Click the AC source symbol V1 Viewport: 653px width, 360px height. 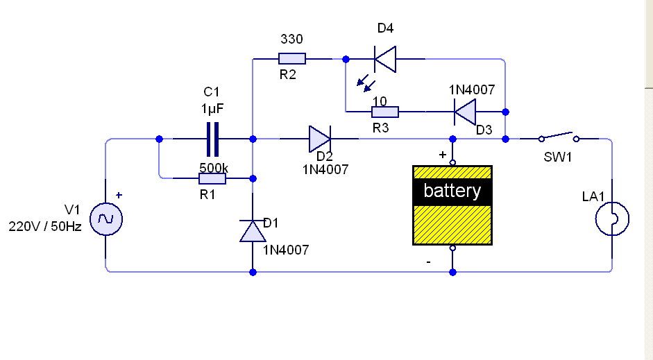point(106,219)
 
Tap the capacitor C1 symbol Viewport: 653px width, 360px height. point(212,139)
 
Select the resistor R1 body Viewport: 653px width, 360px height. point(212,178)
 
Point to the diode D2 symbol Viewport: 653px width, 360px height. point(320,139)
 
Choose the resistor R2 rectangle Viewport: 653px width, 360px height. point(292,59)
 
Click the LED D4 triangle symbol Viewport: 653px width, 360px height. point(385,59)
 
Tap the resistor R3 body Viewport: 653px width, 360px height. point(385,112)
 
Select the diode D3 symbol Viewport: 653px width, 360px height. point(465,112)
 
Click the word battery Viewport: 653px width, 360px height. point(452,191)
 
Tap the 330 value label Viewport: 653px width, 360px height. point(291,39)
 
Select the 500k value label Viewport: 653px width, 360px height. point(214,168)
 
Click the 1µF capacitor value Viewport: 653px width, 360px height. point(212,109)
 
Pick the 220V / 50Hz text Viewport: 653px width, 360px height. point(45,226)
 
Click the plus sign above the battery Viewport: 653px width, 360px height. point(442,155)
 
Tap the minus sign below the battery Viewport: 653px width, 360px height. point(429,262)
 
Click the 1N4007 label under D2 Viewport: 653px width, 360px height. point(325,169)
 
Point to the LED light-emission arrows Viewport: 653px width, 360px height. point(366,83)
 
